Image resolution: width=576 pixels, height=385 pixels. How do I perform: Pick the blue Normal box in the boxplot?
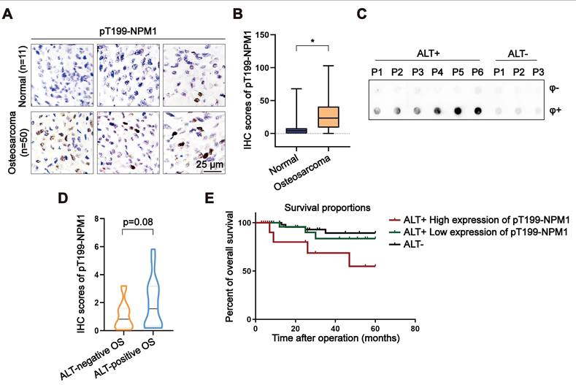296,130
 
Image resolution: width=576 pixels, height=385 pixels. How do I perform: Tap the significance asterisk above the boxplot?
312,41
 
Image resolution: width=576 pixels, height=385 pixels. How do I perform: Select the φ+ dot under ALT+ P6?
477,112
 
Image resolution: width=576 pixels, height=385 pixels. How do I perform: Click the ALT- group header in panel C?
518,53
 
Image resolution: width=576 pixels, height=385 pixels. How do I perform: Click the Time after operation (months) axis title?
336,339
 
